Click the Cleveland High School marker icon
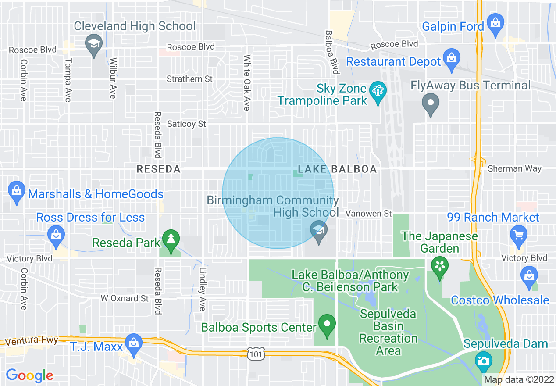pyautogui.click(x=94, y=44)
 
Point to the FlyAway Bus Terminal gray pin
pyautogui.click(x=431, y=104)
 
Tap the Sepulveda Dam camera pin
pyautogui.click(x=483, y=361)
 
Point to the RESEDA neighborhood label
pyautogui.click(x=158, y=169)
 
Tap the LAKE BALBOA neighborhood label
pyautogui.click(x=337, y=169)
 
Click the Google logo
pyautogui.click(x=29, y=375)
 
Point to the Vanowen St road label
pyautogui.click(x=368, y=214)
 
